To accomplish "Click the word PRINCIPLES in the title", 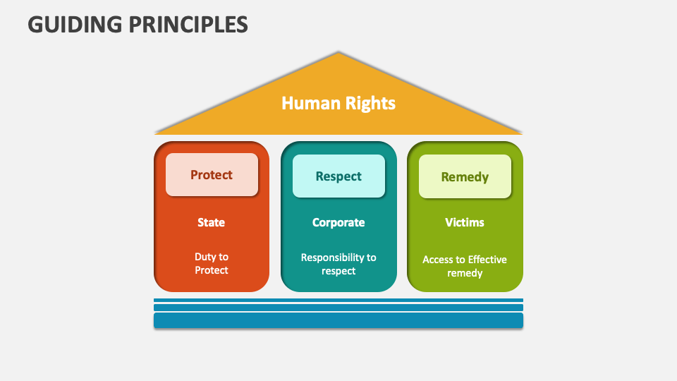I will [190, 25].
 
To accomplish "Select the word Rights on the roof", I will [370, 103].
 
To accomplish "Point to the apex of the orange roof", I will [338, 53].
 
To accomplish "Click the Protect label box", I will [212, 174].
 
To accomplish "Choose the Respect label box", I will [338, 176].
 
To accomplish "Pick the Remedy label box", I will [465, 176].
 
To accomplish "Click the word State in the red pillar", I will [211, 222].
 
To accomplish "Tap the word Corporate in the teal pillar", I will [338, 222].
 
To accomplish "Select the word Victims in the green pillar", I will [465, 222].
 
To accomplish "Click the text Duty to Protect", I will [212, 263].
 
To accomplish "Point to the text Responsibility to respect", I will [338, 264].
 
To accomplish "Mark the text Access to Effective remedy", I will [465, 266].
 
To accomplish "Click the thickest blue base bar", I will [338, 320].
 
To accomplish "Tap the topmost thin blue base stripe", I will [338, 300].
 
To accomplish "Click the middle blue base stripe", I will [338, 307].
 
